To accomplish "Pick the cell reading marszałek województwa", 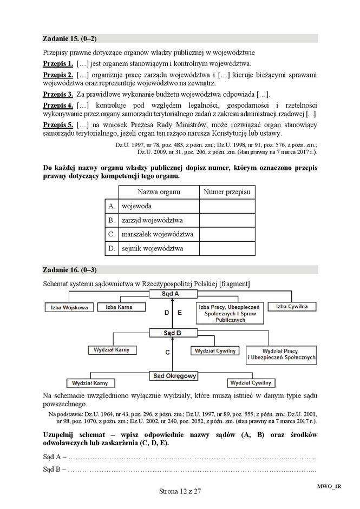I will point(158,234).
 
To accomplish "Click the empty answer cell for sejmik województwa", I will point(227,248).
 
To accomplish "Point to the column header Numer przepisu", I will point(227,192).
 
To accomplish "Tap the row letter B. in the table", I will point(112,220).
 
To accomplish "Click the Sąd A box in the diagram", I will point(171,294).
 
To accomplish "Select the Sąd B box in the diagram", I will point(171,333).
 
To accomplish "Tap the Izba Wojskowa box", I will point(67,307).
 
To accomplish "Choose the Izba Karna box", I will point(119,307).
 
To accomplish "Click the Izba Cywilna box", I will point(292,307).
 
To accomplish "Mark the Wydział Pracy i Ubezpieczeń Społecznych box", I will point(280,354).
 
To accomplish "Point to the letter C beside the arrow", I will point(167,353).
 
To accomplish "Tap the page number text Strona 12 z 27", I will point(180,491).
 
